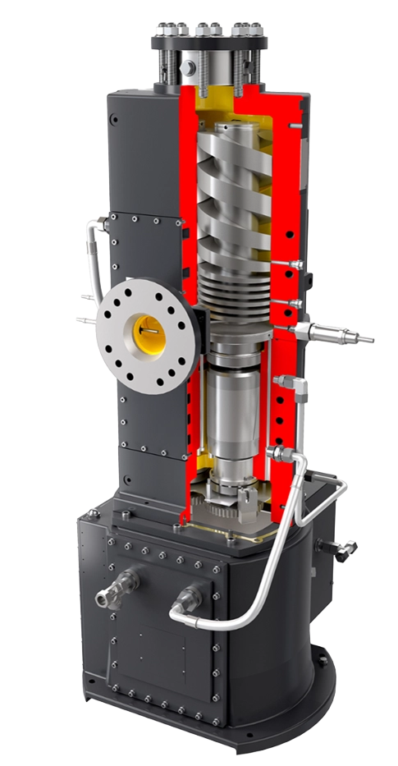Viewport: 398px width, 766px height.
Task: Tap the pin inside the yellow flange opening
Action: pos(151,331)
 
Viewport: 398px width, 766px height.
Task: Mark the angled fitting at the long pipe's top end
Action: pos(284,456)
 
